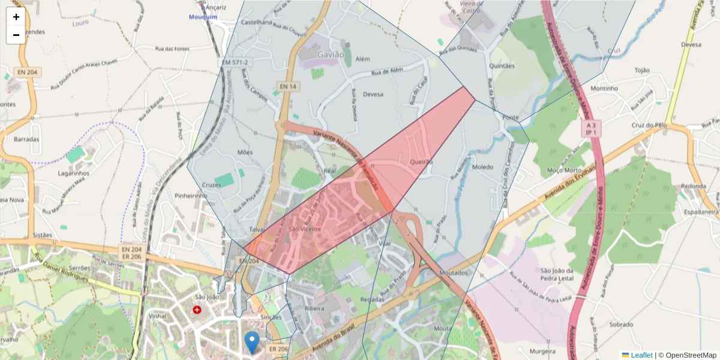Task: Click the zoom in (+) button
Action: click(x=16, y=17)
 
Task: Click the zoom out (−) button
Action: click(x=16, y=35)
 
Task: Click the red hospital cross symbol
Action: click(x=197, y=310)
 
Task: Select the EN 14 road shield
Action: click(x=288, y=87)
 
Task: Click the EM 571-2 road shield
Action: click(x=235, y=62)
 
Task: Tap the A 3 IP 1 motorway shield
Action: click(x=591, y=128)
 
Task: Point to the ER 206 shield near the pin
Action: click(x=279, y=349)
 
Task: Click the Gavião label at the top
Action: click(x=330, y=55)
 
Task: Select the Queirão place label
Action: click(x=421, y=162)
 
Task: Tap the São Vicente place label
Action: click(x=305, y=229)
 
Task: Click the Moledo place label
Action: click(x=482, y=167)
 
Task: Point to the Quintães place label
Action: click(x=502, y=66)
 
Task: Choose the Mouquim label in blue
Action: click(x=203, y=17)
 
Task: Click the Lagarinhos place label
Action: click(x=74, y=173)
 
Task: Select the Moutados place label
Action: click(x=453, y=272)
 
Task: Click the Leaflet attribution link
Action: click(x=641, y=355)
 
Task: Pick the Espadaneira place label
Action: click(x=698, y=212)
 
